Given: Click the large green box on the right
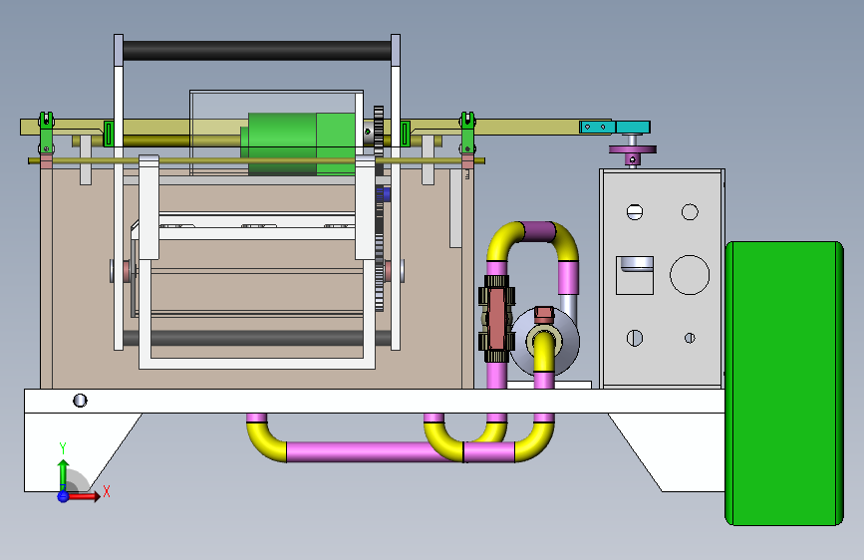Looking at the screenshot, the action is point(784,383).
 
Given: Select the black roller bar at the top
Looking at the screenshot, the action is point(257,51).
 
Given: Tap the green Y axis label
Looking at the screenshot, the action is point(63,448).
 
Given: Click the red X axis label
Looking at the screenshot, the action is point(107,491).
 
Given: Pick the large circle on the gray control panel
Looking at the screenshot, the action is point(690,274).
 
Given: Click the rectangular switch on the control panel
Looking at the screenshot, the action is point(634,275).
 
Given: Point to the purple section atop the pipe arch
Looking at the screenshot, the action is point(537,231).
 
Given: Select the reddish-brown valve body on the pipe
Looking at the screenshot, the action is point(496,319).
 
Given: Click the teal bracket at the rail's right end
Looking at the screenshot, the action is point(615,128).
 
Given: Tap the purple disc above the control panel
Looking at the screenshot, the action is point(633,149).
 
